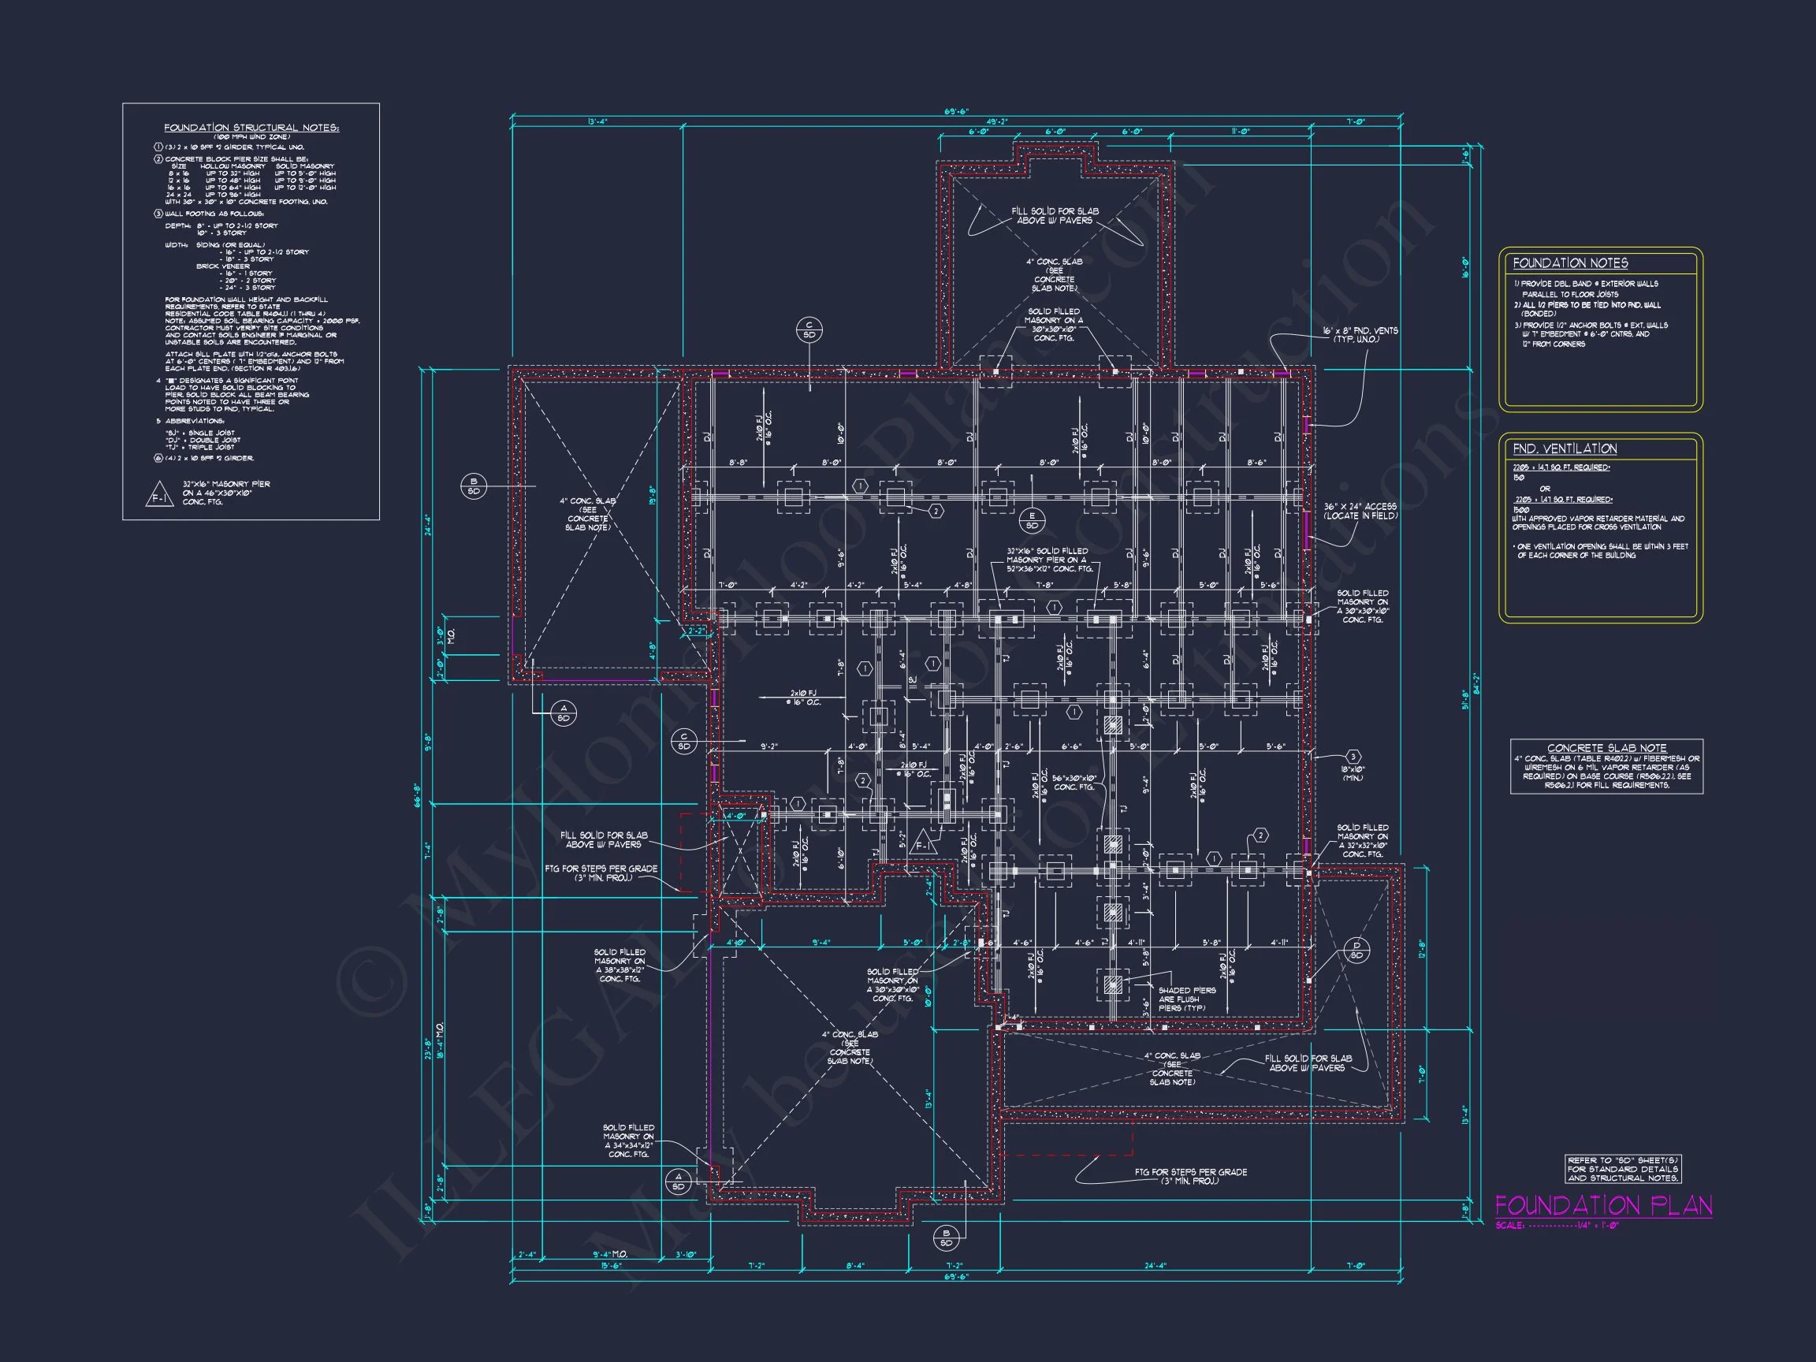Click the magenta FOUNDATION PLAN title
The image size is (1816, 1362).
1602,1205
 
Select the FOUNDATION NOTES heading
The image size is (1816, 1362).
1570,262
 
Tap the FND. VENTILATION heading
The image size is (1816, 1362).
1564,448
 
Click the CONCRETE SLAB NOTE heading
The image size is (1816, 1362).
1606,748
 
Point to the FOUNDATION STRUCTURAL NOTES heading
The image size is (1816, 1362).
251,128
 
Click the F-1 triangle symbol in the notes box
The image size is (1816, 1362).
159,496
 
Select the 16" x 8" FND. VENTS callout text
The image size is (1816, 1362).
1360,335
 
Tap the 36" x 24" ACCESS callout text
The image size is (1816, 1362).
1360,511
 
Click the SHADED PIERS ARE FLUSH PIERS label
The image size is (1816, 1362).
1186,999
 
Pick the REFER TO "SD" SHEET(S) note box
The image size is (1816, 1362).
1622,1169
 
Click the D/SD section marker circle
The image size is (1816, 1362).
1356,950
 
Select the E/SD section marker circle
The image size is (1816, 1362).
1032,520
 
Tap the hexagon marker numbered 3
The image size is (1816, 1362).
1353,756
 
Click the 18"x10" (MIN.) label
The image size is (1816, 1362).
1353,773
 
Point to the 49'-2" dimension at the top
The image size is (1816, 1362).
996,121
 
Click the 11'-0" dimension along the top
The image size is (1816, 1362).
1240,132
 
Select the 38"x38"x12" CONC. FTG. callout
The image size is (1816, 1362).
620,966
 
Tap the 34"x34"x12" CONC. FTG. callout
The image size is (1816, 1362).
628,1141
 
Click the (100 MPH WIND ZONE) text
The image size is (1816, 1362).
251,137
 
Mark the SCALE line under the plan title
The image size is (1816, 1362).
1557,1226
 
